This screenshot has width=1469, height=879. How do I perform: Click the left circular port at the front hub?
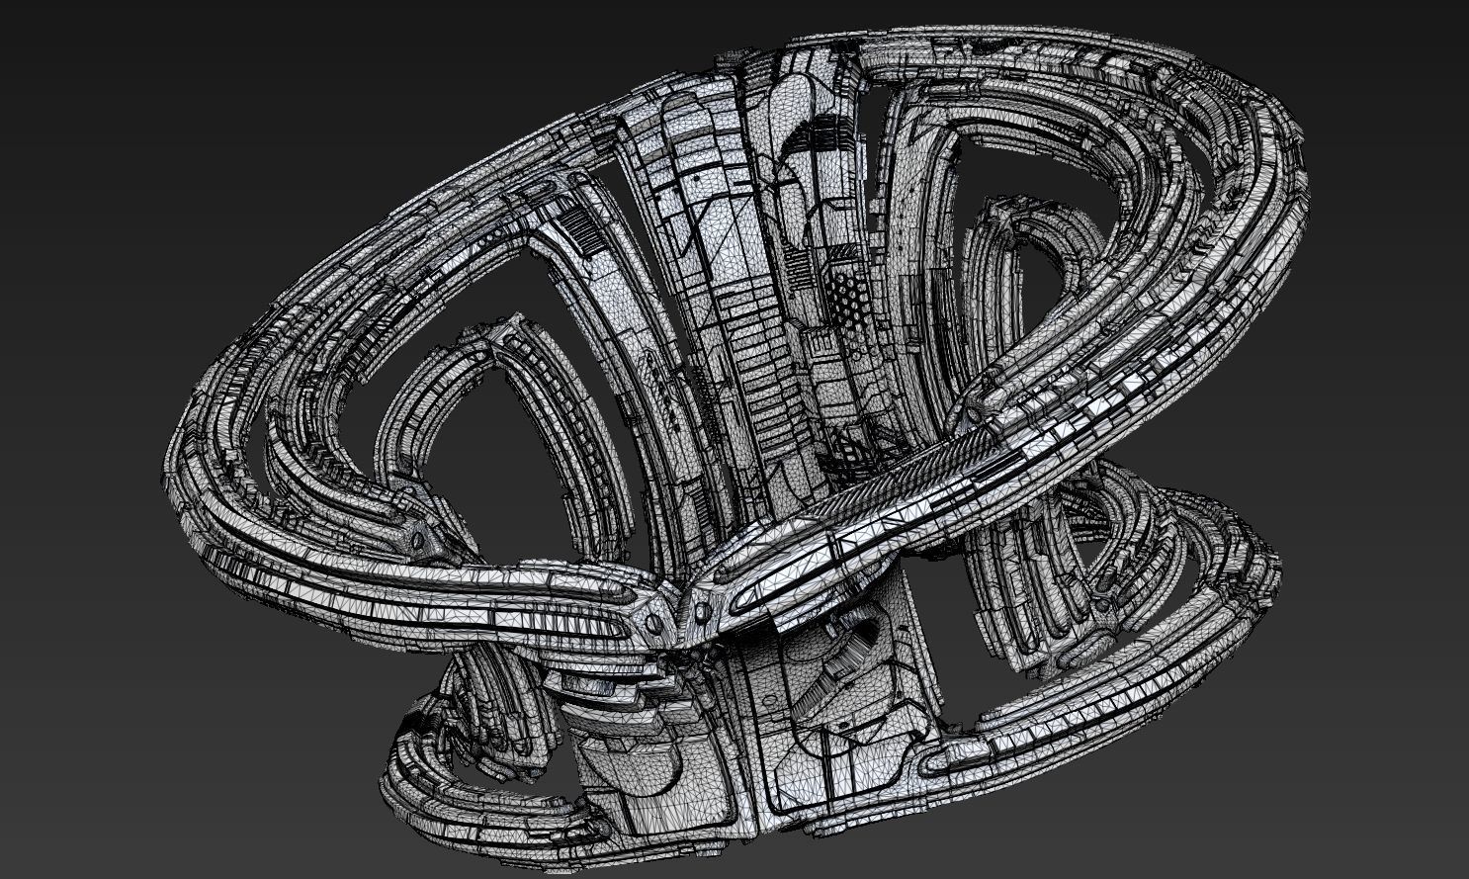click(x=654, y=623)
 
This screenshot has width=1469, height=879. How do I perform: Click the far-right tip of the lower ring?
click(x=1280, y=564)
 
